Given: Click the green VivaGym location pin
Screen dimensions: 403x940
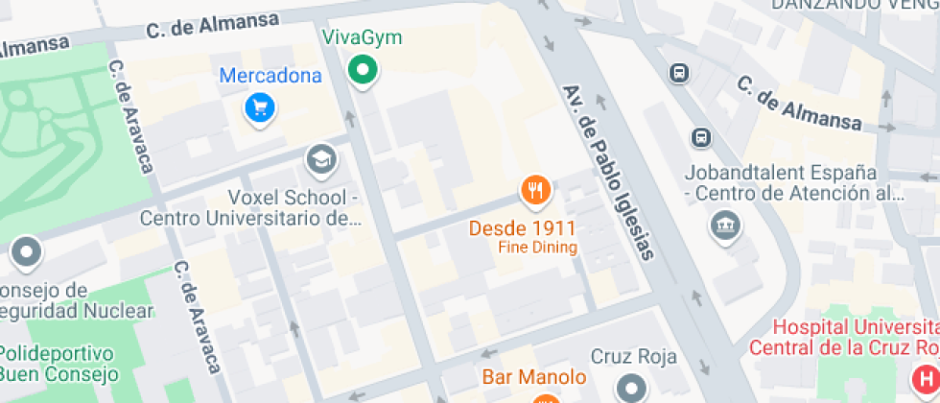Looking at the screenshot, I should pyautogui.click(x=362, y=69).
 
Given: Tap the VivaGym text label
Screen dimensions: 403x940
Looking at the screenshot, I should pyautogui.click(x=362, y=38).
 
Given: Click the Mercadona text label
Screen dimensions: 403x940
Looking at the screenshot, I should pyautogui.click(x=270, y=76).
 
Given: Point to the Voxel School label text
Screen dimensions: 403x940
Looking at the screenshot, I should pyautogui.click(x=250, y=208).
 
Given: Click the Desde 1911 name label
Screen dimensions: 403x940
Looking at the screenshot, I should pyautogui.click(x=523, y=228).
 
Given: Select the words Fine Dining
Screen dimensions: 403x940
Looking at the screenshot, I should pyautogui.click(x=537, y=248).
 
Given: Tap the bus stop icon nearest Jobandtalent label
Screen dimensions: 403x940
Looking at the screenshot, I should pyautogui.click(x=702, y=137).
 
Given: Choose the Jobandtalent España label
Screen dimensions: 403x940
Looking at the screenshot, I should pyautogui.click(x=781, y=174).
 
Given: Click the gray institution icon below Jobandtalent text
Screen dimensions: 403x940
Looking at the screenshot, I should pyautogui.click(x=721, y=226).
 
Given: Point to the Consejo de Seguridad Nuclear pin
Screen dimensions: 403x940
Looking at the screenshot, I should pyautogui.click(x=26, y=253).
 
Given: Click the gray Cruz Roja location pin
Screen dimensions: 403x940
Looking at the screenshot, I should pyautogui.click(x=632, y=388).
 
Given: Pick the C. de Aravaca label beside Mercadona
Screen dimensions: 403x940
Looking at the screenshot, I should pyautogui.click(x=132, y=117).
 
